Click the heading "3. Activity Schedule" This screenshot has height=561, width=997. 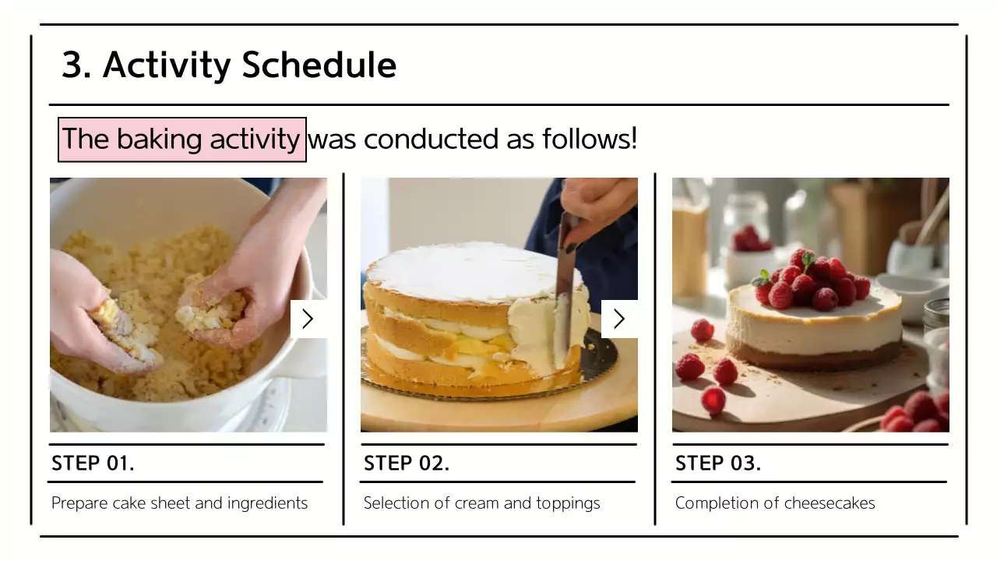tap(229, 65)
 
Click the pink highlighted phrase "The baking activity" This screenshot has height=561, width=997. tap(181, 139)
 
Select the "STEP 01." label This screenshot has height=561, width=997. tap(93, 464)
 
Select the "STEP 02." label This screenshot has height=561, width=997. tap(407, 464)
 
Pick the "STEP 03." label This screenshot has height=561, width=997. tap(718, 464)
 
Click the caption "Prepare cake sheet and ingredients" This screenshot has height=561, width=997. tap(179, 503)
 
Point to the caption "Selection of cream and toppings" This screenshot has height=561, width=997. tap(481, 503)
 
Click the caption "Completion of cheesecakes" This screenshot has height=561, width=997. tap(775, 503)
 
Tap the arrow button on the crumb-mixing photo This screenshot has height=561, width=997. tap(308, 319)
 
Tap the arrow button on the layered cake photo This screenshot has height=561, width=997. tap(619, 319)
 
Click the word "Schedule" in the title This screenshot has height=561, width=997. tap(319, 65)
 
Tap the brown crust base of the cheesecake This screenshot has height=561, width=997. tap(814, 357)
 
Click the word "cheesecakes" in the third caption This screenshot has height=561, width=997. tap(830, 503)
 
